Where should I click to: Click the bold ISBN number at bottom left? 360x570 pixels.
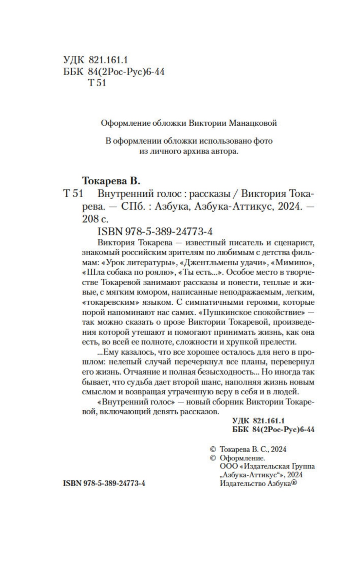pos(104,483)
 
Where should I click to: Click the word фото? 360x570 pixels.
pos(264,141)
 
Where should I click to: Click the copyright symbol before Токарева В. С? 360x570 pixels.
pos(213,449)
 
